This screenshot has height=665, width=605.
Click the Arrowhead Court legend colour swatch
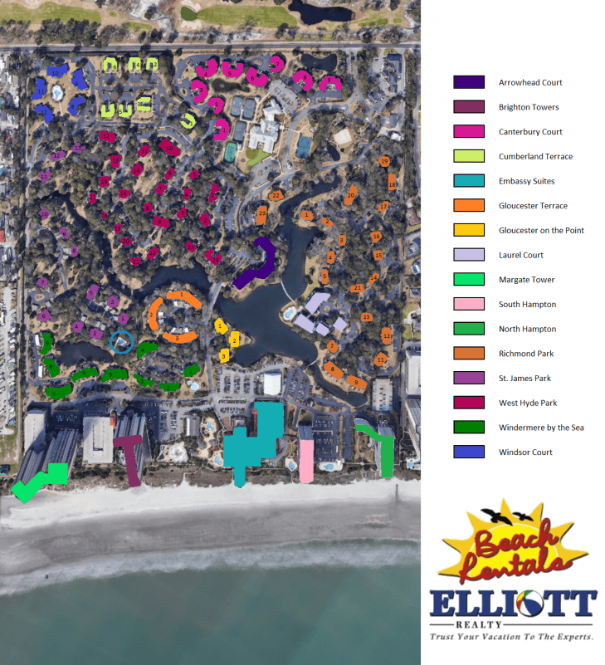pyautogui.click(x=469, y=82)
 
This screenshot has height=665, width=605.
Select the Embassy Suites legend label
pyautogui.click(x=526, y=181)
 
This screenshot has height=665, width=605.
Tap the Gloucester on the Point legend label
pyautogui.click(x=541, y=230)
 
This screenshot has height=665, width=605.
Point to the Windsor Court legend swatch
pyautogui.click(x=469, y=452)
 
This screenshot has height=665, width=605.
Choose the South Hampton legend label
pyautogui.click(x=527, y=305)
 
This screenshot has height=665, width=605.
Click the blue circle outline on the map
pyautogui.click(x=122, y=341)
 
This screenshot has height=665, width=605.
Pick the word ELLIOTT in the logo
pyautogui.click(x=512, y=604)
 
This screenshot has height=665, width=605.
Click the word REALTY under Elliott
pyautogui.click(x=512, y=623)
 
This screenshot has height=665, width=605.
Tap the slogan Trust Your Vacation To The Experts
pyautogui.click(x=511, y=638)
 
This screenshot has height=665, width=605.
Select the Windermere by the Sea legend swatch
pyautogui.click(x=469, y=428)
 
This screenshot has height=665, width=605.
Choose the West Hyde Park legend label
pyautogui.click(x=528, y=403)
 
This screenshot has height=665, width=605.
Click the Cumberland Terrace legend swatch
pyautogui.click(x=469, y=156)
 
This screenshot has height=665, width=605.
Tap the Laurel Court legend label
pyautogui.click(x=521, y=255)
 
